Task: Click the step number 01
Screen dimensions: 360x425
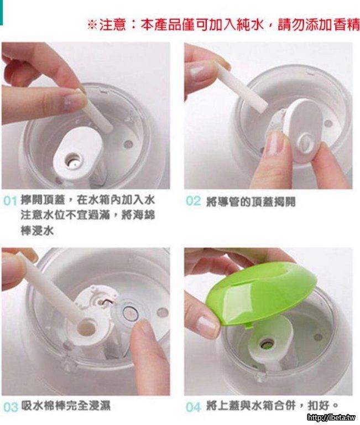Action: pos(11,201)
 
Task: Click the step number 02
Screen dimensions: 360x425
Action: pos(193,201)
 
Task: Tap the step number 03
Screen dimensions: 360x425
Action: pos(11,407)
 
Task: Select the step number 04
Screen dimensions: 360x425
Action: pos(194,407)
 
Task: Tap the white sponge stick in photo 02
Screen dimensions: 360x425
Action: pos(241,87)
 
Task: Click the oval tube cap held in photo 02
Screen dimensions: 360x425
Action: pos(302,131)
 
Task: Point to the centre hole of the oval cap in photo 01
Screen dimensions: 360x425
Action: pos(72,159)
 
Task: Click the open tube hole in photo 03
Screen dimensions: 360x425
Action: pos(87,327)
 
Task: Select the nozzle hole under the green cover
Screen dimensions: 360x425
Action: pos(267,344)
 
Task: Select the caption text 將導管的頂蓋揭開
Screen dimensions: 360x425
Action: pos(251,202)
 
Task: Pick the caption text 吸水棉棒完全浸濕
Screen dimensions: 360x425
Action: pos(66,406)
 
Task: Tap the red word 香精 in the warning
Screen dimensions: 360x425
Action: pos(346,25)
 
